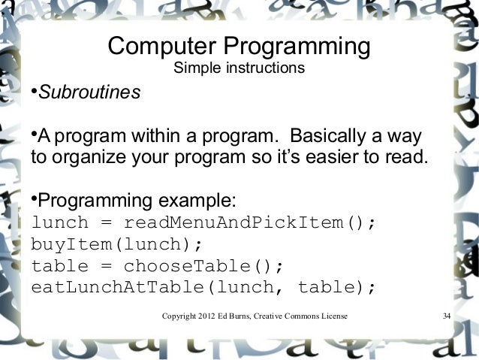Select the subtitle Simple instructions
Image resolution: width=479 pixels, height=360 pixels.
click(x=239, y=70)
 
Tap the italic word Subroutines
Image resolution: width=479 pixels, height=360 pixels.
click(x=89, y=94)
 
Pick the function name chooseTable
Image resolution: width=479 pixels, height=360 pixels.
click(x=188, y=267)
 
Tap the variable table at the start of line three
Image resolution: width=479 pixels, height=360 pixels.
click(x=59, y=267)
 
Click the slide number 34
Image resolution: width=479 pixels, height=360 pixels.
click(x=447, y=315)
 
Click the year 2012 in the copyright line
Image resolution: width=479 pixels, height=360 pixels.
click(x=203, y=315)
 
